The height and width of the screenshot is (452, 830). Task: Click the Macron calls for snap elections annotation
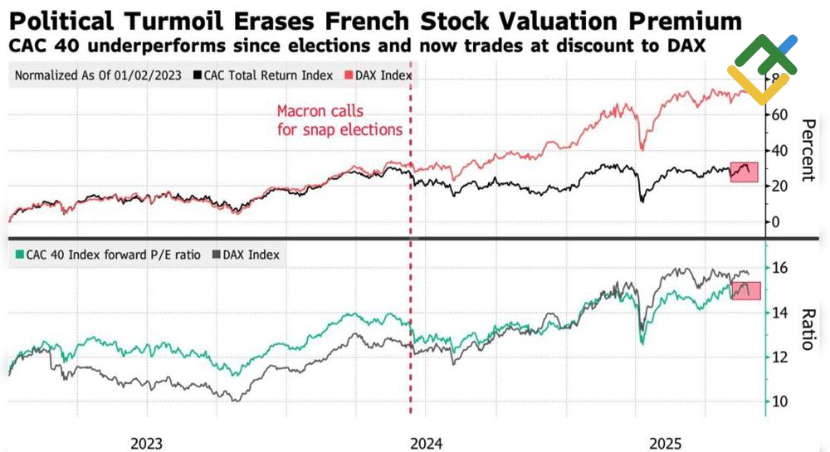click(339, 119)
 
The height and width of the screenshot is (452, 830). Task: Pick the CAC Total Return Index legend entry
click(265, 75)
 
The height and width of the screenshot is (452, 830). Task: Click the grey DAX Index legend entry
click(247, 255)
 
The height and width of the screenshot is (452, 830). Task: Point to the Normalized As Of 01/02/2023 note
click(98, 75)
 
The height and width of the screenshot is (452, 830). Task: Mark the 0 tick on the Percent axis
click(776, 222)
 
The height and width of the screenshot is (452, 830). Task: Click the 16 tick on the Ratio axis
click(779, 269)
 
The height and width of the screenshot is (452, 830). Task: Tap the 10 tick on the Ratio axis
click(779, 401)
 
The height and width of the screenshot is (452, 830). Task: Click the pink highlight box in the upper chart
click(743, 173)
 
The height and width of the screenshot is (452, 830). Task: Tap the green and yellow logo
click(761, 68)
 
